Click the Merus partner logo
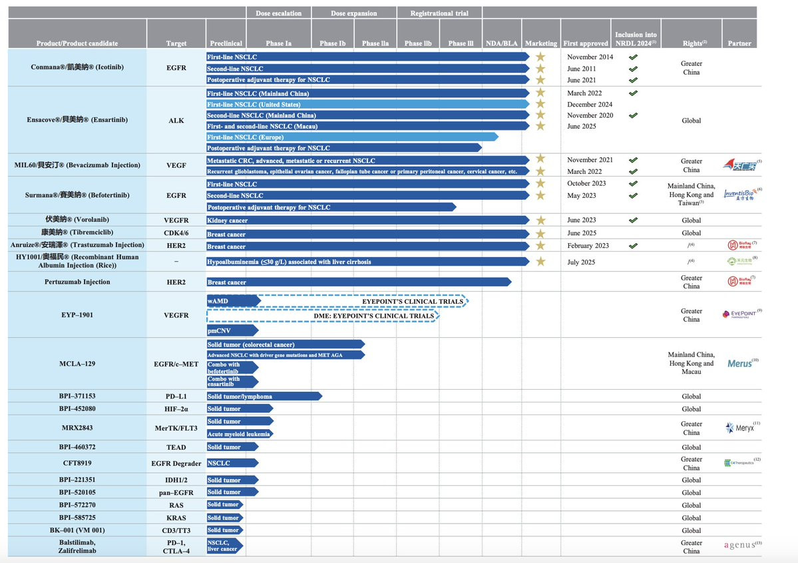click(x=738, y=364)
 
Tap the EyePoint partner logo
click(x=739, y=313)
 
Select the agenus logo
click(x=739, y=545)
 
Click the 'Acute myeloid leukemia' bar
click(x=240, y=434)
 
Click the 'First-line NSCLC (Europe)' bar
click(x=352, y=137)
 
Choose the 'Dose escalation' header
click(x=279, y=13)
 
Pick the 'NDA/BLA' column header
click(x=501, y=43)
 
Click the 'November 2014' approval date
click(x=590, y=57)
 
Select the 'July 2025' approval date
click(x=584, y=262)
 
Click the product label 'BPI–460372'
click(x=75, y=447)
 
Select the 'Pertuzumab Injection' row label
click(x=75, y=282)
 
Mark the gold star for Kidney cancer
click(x=540, y=220)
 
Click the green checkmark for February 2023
click(x=633, y=246)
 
